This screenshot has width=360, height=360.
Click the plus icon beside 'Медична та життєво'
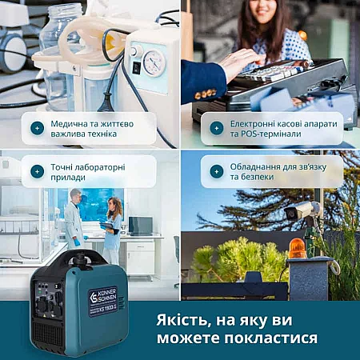click(38, 128)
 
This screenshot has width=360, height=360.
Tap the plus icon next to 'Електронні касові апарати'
click(217, 128)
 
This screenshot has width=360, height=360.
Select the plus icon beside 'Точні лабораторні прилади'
click(38, 172)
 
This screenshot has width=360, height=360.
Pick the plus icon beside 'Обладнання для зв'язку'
click(217, 172)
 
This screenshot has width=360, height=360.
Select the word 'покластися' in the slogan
click(271, 338)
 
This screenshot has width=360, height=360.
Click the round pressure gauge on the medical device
click(154, 63)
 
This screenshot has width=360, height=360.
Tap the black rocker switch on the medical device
click(137, 68)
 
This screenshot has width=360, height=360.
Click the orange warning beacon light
click(297, 249)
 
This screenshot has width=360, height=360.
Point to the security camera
click(302, 210)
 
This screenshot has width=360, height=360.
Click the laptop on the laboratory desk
click(141, 226)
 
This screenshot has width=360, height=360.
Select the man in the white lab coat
click(74, 219)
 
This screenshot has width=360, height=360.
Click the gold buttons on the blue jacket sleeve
click(205, 94)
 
